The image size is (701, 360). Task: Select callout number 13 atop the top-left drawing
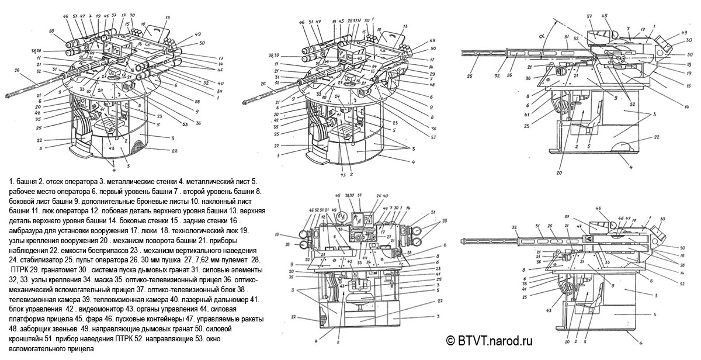151,18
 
